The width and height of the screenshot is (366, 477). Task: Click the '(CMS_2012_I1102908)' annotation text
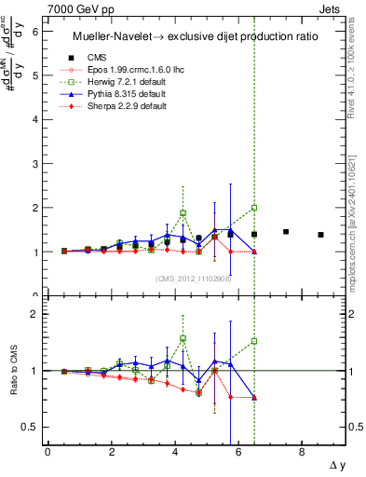point(194,278)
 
